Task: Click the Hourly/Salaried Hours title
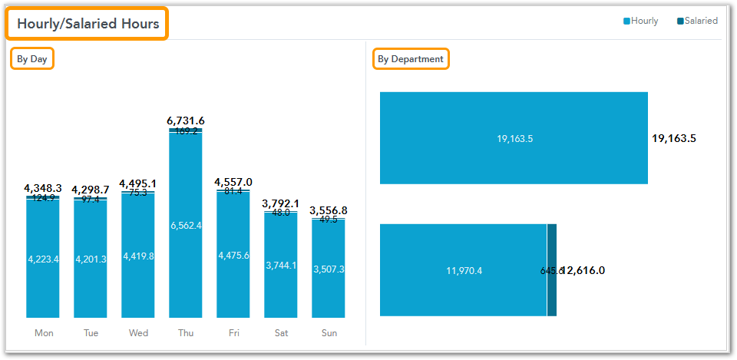(x=88, y=24)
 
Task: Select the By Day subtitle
(x=32, y=59)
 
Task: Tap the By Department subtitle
(x=411, y=59)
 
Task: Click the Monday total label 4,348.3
(x=43, y=188)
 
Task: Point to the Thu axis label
(x=186, y=333)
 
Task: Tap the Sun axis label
(x=329, y=333)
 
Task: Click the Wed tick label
(x=138, y=333)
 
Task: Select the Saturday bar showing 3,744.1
(x=281, y=265)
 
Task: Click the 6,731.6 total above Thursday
(x=186, y=121)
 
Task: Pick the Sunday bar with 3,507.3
(x=329, y=269)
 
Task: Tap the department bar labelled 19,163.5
(x=514, y=138)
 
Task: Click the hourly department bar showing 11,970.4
(x=463, y=270)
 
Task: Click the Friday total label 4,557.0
(x=233, y=182)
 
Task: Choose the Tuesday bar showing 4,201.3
(x=91, y=259)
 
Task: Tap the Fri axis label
(x=233, y=333)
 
